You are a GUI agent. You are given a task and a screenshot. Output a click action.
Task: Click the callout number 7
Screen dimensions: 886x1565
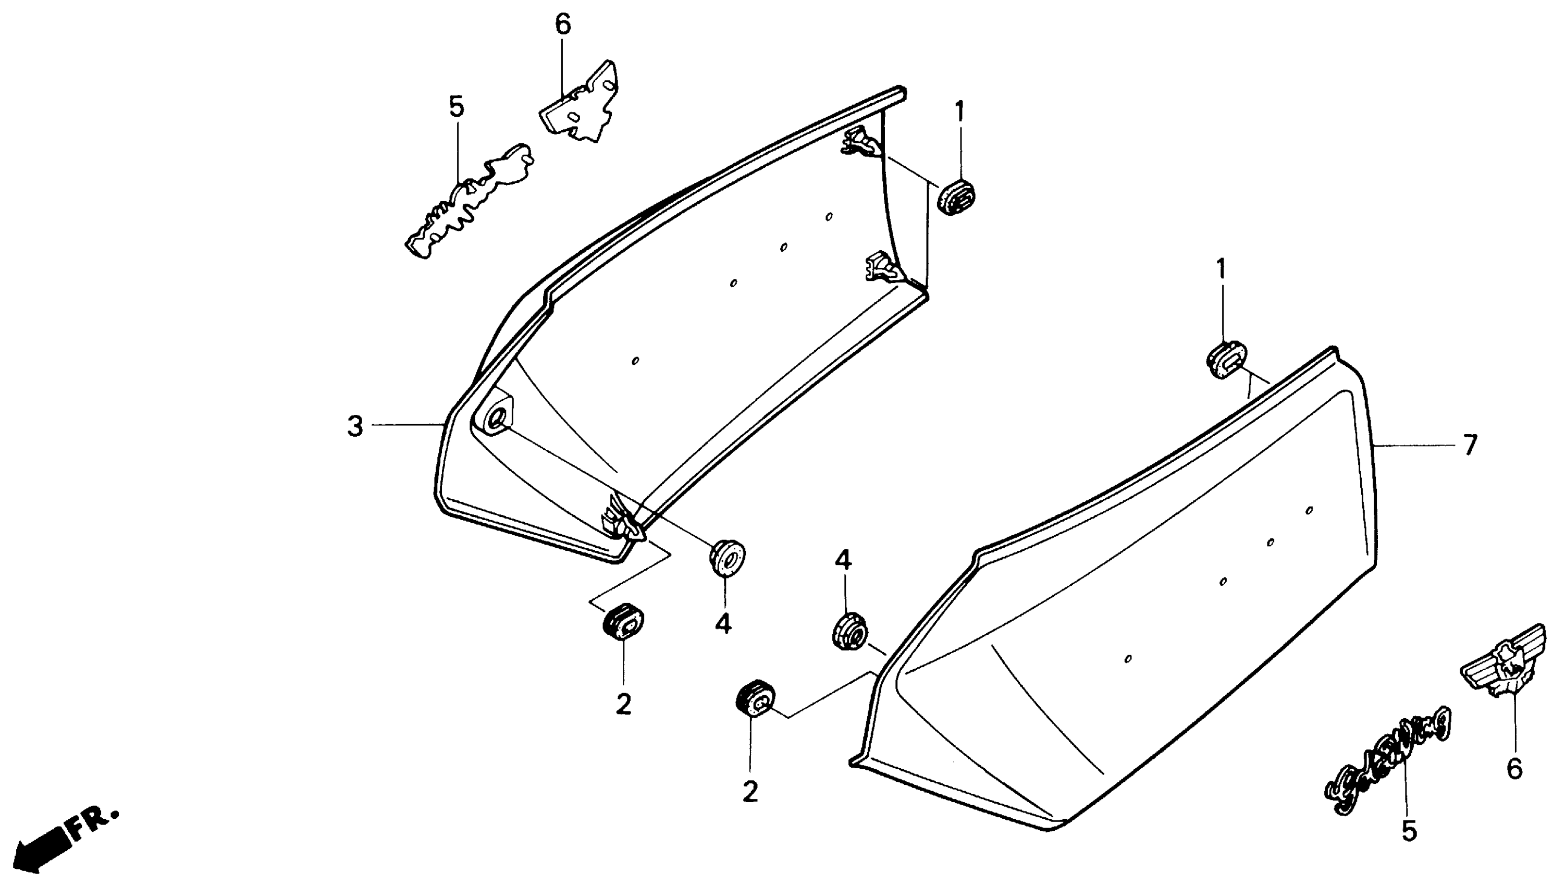(x=1470, y=446)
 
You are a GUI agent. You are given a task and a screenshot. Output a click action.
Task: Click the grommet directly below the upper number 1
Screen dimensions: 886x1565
(x=956, y=196)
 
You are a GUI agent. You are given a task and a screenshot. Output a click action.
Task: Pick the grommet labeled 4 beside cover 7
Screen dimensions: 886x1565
(x=849, y=631)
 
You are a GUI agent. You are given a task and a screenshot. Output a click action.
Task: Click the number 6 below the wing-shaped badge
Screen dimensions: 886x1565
(x=1514, y=769)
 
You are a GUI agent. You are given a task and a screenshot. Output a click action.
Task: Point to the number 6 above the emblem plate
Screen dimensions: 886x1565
(x=563, y=25)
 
